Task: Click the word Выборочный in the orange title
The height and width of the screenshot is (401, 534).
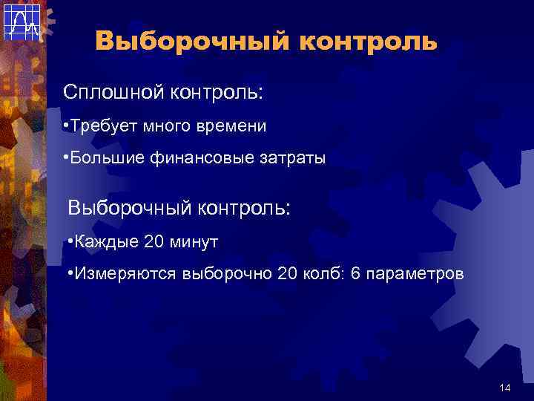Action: pos(192,41)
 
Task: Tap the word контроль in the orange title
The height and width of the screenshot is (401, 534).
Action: pos(368,41)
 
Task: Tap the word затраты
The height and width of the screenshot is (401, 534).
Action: pos(289,159)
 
